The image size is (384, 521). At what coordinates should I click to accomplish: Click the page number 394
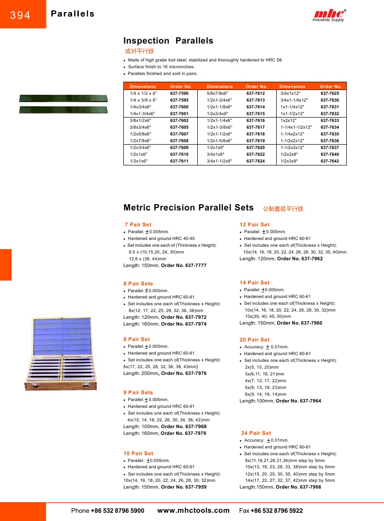[20, 15]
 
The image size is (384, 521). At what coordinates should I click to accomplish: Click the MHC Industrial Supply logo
[329, 15]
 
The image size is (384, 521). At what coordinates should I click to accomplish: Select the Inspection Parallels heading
[168, 41]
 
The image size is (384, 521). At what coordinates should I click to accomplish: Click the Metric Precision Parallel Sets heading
[189, 208]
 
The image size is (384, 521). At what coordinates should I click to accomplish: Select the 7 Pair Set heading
[138, 224]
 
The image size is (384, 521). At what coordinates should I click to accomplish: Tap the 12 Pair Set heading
[254, 224]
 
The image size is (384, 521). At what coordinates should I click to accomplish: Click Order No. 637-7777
[183, 266]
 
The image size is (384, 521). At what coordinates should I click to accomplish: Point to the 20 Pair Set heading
[254, 340]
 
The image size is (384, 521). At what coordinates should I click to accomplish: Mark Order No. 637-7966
[298, 487]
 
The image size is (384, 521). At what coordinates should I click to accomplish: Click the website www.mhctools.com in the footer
[193, 510]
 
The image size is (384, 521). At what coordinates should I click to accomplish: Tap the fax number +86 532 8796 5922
[277, 511]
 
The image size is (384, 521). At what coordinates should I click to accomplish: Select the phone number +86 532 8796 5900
[117, 511]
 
